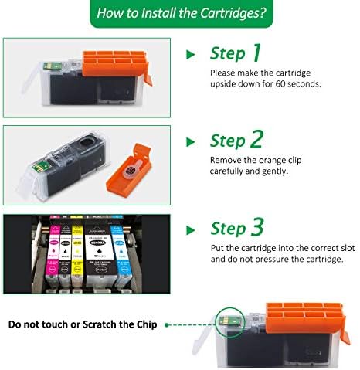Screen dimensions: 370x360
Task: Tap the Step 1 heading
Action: (x=236, y=53)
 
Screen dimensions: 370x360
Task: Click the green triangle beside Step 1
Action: (x=190, y=55)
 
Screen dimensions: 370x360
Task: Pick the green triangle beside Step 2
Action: (x=190, y=142)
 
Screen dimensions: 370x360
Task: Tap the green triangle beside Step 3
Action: (x=190, y=230)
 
